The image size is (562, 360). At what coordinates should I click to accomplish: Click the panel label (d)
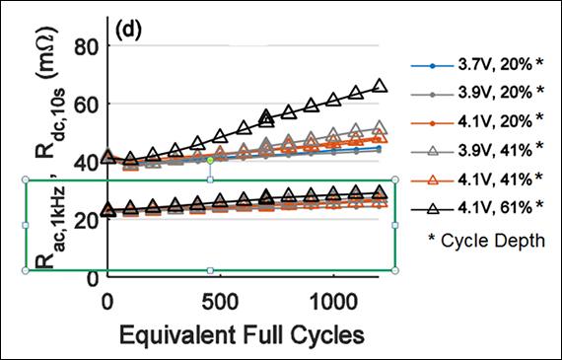pyautogui.click(x=131, y=29)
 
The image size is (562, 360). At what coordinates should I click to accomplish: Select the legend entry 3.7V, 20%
pyautogui.click(x=479, y=64)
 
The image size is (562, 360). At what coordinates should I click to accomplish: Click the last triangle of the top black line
pyautogui.click(x=380, y=87)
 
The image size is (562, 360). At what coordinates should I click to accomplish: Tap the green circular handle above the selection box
pyautogui.click(x=210, y=160)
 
